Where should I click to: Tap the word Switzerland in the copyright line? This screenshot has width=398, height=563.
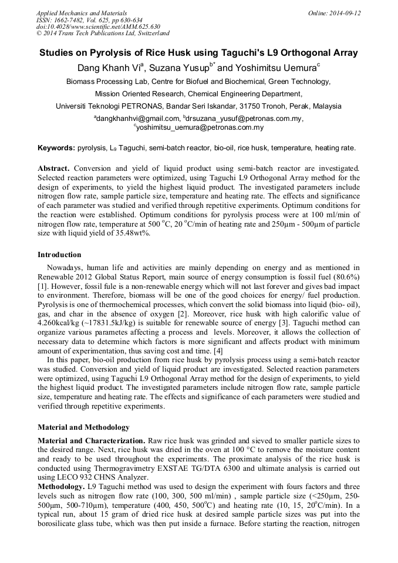click(x=151, y=34)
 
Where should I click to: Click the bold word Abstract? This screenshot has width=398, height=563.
click(x=53, y=169)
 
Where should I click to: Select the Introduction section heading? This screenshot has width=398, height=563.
click(x=59, y=255)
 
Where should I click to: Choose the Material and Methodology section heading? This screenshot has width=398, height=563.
click(x=83, y=427)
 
